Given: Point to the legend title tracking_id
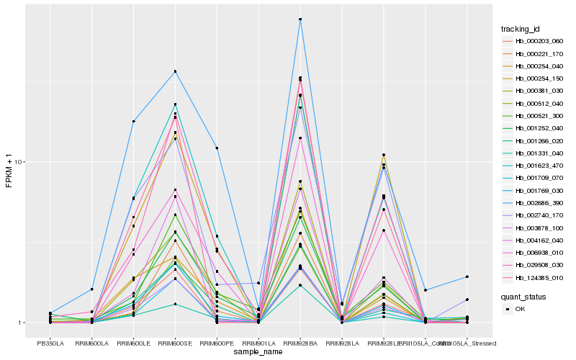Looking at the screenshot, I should [x=521, y=29].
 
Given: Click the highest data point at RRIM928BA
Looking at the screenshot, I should [x=300, y=19].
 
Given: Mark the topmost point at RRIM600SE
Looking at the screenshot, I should [x=175, y=71].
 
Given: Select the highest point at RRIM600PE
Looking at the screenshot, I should [x=217, y=148].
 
